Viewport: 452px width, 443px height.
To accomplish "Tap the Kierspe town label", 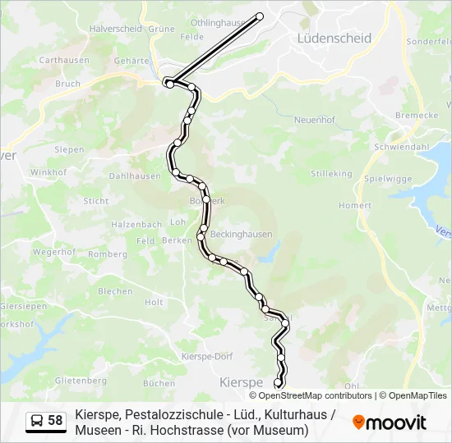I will click(x=241, y=382).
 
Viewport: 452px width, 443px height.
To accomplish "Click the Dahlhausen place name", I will click(x=135, y=176).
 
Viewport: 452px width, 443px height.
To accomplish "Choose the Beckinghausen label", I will click(x=241, y=234).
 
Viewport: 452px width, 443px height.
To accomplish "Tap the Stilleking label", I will click(x=331, y=174).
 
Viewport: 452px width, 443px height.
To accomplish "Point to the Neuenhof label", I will click(x=314, y=119).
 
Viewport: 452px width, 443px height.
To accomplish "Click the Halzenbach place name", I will click(x=136, y=224).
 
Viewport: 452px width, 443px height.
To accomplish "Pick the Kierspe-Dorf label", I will click(x=207, y=356).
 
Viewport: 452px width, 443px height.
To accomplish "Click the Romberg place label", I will click(x=108, y=254).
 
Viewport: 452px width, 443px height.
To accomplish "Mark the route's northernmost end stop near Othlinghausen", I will click(x=260, y=16).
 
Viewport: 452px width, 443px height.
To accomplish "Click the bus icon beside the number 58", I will click(x=38, y=421).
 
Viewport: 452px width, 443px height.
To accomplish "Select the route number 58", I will click(x=55, y=421).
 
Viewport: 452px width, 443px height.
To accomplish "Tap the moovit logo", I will click(x=390, y=422).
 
